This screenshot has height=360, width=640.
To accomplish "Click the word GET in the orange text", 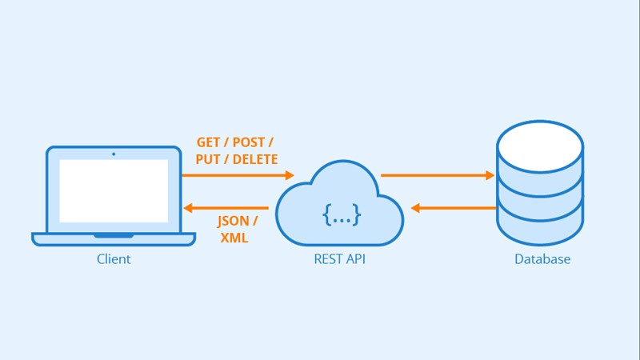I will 210,142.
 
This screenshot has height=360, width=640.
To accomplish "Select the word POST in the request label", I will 250,142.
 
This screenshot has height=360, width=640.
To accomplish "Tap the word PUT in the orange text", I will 208,159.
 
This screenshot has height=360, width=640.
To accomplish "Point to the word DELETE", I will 254,159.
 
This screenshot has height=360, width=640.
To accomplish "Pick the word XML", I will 234,238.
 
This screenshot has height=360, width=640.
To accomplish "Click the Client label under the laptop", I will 114,259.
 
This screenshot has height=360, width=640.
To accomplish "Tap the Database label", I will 542,259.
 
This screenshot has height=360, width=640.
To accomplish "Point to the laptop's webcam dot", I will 114,154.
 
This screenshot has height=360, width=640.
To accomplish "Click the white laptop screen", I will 114,191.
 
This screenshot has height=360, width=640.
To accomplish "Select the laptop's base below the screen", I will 114,238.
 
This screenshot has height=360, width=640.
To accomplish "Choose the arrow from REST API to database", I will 437,174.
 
